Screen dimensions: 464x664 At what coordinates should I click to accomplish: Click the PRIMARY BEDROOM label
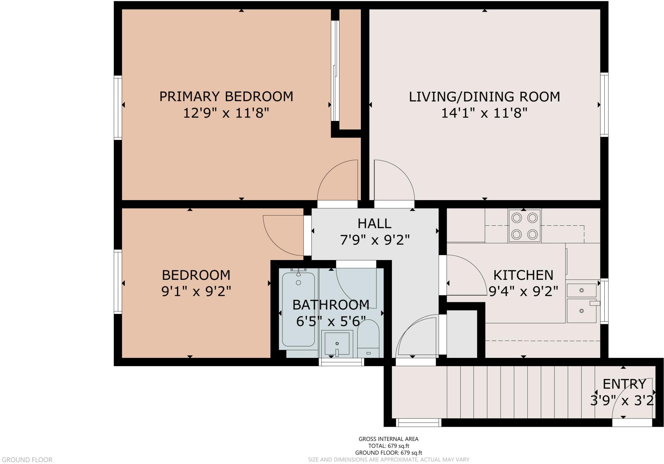[x=226, y=97]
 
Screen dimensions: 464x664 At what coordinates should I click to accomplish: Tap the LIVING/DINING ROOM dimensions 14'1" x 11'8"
[x=484, y=113]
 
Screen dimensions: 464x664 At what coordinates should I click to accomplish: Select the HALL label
[x=374, y=223]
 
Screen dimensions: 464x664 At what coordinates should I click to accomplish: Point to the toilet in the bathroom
[x=368, y=337]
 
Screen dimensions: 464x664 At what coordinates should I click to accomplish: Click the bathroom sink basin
[x=337, y=343]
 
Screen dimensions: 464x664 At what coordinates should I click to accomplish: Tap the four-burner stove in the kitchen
[x=524, y=226]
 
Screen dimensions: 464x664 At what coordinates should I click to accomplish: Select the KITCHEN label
[x=523, y=275]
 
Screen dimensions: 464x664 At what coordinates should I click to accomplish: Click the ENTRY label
[x=624, y=384]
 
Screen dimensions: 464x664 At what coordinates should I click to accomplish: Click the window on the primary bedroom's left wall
[x=118, y=108]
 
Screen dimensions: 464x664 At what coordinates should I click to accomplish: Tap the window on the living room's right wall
[x=604, y=104]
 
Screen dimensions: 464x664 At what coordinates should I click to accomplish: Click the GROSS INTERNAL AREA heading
[x=388, y=439]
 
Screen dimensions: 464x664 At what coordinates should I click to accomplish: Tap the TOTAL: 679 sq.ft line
[x=388, y=446]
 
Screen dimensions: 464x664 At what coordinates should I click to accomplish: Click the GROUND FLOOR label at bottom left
[x=27, y=459]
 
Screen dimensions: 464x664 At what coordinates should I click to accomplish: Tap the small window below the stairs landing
[x=418, y=422]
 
